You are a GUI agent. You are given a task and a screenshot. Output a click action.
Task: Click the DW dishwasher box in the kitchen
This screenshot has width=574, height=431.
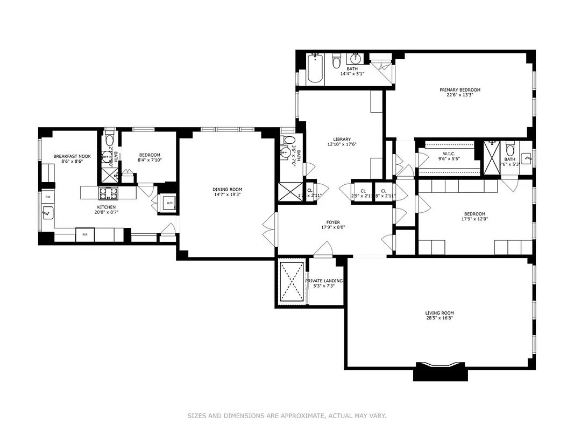tap(47, 197)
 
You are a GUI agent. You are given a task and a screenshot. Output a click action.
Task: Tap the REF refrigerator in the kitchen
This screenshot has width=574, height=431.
tap(84, 234)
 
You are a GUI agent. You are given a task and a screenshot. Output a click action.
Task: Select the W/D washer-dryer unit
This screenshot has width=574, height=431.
tap(169, 203)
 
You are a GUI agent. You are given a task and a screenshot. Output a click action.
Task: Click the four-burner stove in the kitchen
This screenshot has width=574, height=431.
tap(108, 192)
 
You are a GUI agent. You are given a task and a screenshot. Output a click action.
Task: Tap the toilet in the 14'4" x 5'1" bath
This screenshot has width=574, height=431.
tap(337, 62)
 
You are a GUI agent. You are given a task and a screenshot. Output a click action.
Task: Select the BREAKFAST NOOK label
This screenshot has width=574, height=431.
tap(72, 156)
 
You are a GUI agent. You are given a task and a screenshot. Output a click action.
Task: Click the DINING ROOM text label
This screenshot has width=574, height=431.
tap(227, 189)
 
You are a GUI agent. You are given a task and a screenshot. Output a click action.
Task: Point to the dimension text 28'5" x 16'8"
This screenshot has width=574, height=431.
tap(440, 318)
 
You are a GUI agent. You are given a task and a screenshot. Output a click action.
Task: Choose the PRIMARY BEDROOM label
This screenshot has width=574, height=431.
tap(459, 90)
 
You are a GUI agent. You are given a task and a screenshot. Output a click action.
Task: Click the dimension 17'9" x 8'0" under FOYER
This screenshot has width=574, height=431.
tap(332, 227)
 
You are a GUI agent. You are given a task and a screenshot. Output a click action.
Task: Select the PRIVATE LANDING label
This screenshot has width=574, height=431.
tap(324, 281)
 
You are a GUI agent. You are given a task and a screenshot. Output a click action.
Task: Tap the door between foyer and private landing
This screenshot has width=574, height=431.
tap(323, 250)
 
